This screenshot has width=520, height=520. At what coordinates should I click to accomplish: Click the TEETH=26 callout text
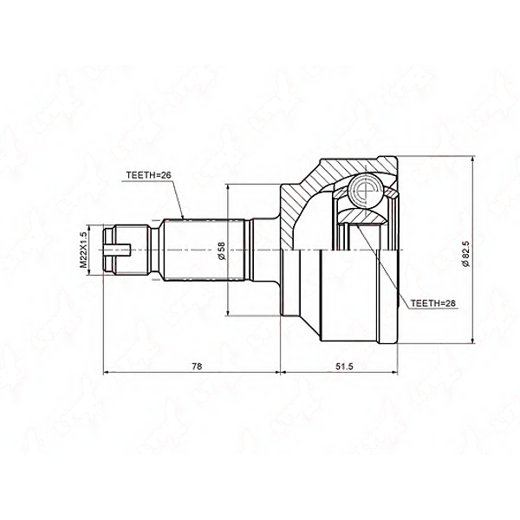point(148,175)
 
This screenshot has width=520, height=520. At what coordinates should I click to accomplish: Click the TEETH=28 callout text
point(432,303)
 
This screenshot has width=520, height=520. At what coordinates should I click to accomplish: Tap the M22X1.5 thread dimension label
point(83,250)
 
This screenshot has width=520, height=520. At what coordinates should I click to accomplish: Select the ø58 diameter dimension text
point(222,251)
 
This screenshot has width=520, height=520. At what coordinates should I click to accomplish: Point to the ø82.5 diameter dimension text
point(466,253)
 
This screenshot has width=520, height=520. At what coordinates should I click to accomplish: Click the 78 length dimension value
point(197,366)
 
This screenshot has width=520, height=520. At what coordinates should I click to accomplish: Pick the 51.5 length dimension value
point(344,366)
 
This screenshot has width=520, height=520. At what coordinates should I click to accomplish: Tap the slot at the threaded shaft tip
point(117,250)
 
